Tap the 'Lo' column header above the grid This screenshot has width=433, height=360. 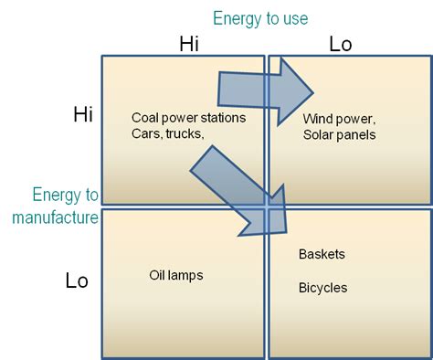[x=340, y=44]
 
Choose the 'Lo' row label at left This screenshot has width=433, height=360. [x=77, y=281]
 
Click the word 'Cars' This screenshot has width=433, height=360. [x=146, y=134]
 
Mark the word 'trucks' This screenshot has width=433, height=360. [x=185, y=134]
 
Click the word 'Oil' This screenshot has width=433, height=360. [x=158, y=274]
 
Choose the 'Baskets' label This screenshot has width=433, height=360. [x=322, y=253]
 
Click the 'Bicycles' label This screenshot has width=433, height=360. [x=322, y=287]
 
